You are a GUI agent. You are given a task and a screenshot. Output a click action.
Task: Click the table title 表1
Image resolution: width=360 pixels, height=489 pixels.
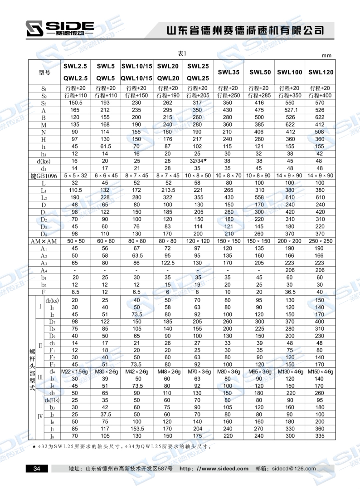pyautogui.click(x=182, y=54)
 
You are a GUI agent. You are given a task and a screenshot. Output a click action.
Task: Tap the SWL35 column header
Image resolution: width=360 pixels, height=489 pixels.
pyautogui.click(x=229, y=72)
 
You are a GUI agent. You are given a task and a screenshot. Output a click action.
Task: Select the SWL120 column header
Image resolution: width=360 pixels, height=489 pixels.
pyautogui.click(x=321, y=72)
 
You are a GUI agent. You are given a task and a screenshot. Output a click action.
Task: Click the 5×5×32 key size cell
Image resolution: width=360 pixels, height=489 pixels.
pyautogui.click(x=75, y=176)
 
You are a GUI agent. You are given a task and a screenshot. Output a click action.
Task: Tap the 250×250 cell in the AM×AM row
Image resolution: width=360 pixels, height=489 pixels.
pyautogui.click(x=321, y=241)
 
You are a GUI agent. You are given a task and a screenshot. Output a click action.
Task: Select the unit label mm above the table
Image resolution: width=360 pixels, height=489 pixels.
pyautogui.click(x=326, y=55)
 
